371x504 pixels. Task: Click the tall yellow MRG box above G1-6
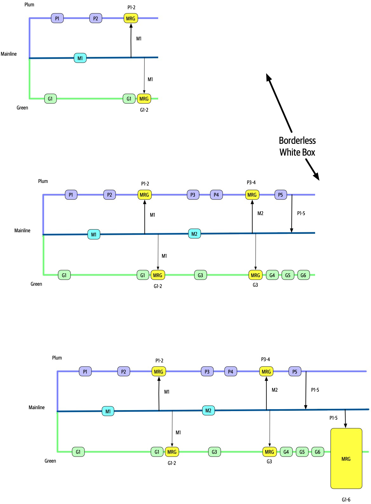[346, 458]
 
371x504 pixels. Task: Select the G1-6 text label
[346, 500]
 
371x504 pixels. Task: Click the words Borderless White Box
[297, 146]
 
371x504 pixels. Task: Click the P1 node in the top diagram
[57, 18]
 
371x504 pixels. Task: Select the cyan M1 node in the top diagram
[80, 58]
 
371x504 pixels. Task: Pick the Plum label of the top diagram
[29, 5]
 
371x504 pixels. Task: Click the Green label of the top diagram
[22, 108]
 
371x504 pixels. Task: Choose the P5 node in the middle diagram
[280, 195]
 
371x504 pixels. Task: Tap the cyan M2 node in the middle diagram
[194, 234]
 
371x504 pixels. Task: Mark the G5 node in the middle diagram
[288, 275]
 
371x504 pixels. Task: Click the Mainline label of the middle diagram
[22, 230]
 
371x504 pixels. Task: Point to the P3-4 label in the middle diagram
[251, 182]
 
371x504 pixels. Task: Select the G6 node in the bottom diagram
[318, 452]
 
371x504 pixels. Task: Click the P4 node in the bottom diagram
[231, 371]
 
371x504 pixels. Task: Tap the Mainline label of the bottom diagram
[37, 407]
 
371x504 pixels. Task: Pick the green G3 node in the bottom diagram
[214, 452]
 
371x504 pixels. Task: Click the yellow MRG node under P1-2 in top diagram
[131, 18]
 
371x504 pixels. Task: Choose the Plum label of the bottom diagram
[57, 358]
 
